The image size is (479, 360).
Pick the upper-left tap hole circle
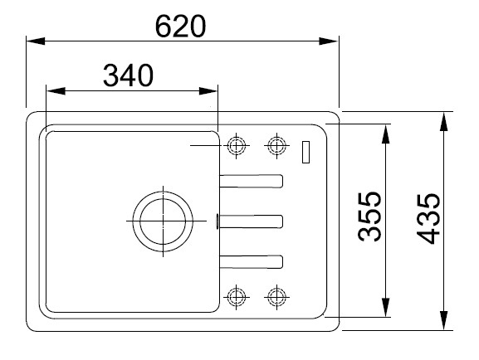click(236, 145)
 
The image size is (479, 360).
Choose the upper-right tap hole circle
click(276, 145)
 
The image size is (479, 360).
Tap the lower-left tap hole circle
click(237, 295)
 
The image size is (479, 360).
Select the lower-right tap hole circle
click(276, 295)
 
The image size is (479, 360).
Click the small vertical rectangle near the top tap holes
click(305, 152)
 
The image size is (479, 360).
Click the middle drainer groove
click(251, 221)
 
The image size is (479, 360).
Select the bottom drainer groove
click(251, 260)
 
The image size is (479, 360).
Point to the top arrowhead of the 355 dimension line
click(387, 132)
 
